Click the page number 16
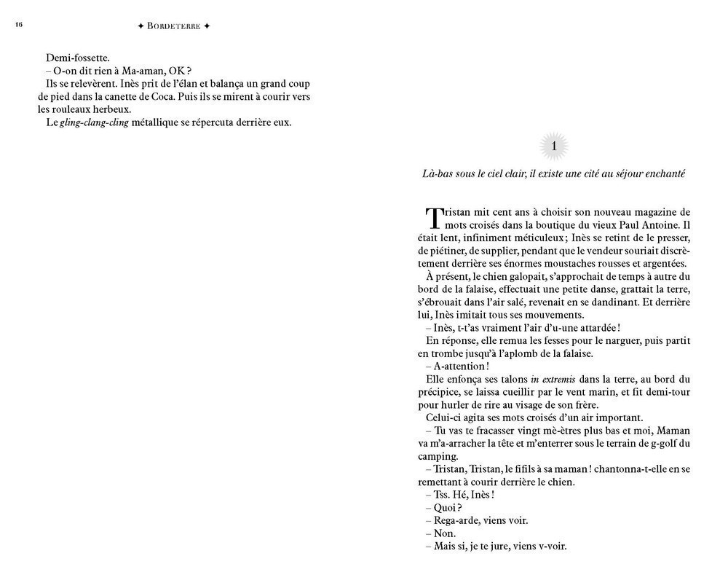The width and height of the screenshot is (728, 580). pyautogui.click(x=19, y=25)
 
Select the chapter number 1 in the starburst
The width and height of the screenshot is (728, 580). pyautogui.click(x=554, y=147)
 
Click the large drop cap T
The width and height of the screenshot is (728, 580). pyautogui.click(x=433, y=218)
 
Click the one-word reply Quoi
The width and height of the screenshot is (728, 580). pyautogui.click(x=445, y=508)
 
